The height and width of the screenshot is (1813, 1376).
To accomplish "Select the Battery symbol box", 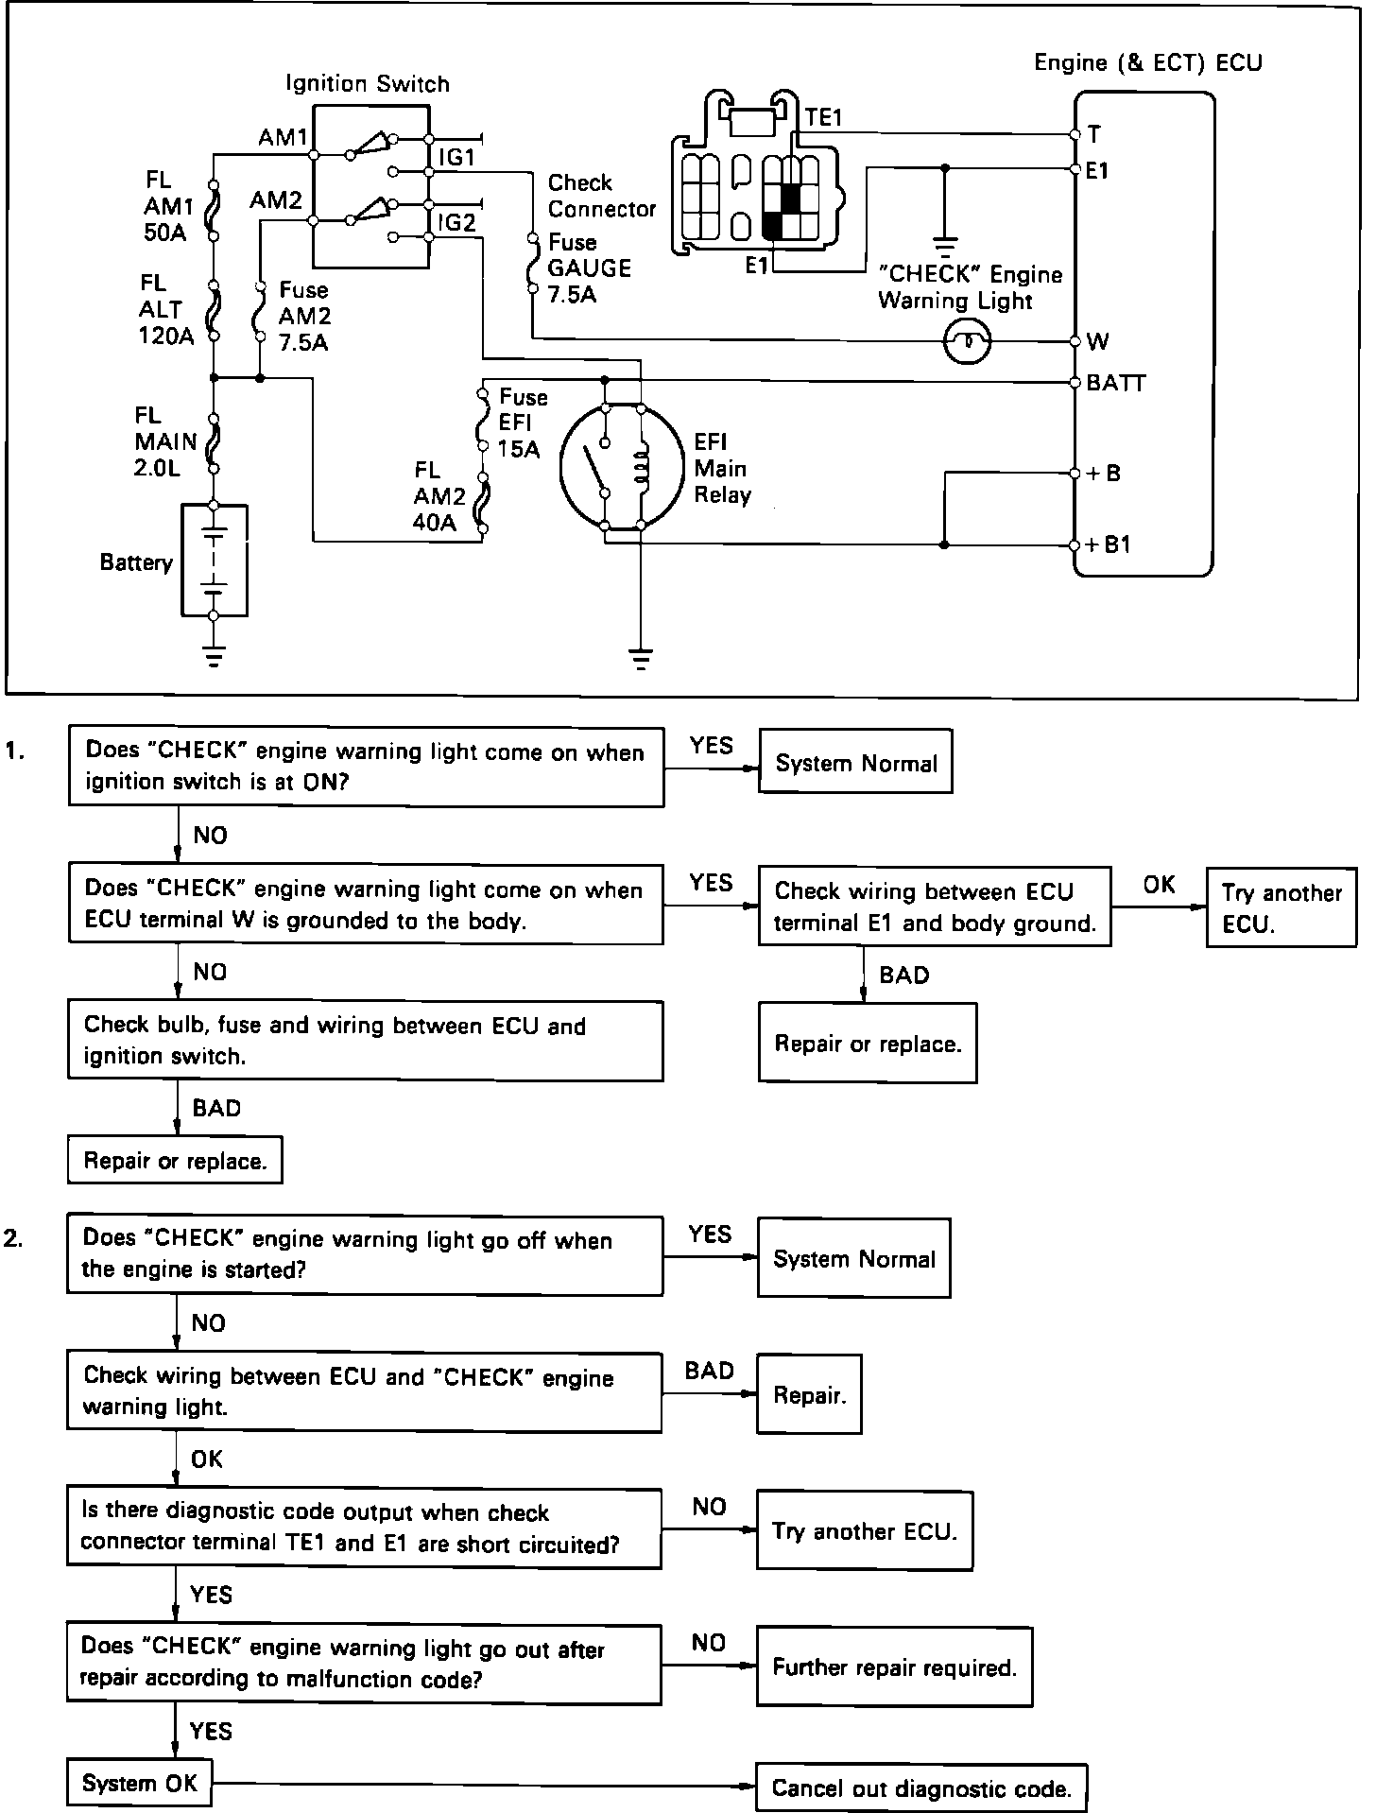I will click(x=215, y=561).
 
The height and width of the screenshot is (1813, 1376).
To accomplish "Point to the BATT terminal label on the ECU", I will click(x=1116, y=383).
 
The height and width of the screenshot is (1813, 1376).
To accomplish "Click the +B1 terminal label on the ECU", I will click(x=1108, y=545).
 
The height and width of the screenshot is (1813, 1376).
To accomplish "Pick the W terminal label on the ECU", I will click(x=1098, y=341).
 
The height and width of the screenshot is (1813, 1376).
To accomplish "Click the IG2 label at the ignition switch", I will click(x=456, y=223).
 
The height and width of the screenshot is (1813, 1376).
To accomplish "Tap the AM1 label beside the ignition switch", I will click(x=282, y=138).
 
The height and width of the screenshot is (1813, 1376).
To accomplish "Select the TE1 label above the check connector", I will click(x=823, y=117).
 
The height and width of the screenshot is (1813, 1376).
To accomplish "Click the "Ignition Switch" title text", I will click(x=368, y=84).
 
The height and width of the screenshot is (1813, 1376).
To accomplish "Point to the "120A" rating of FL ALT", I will click(x=166, y=336).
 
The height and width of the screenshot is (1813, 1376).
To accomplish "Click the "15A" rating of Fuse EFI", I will click(x=519, y=449).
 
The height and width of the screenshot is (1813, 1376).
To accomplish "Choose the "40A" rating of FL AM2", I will click(x=435, y=523).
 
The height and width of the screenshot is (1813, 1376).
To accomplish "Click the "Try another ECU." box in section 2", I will click(x=864, y=1531).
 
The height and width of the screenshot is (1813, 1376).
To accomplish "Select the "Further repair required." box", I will click(x=894, y=1667).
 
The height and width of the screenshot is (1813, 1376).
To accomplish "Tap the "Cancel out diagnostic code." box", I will click(x=921, y=1788).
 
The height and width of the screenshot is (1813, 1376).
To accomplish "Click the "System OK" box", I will click(x=139, y=1784).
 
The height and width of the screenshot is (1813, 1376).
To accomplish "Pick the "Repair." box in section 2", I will click(x=809, y=1395).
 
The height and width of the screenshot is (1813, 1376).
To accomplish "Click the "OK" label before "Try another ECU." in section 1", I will click(x=1159, y=885).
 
